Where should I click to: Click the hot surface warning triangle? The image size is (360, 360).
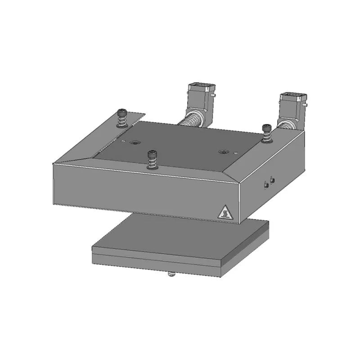[225, 212]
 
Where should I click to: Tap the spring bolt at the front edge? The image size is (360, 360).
[152, 160]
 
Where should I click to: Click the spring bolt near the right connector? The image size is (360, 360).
[267, 134]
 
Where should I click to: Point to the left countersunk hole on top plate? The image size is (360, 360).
[134, 143]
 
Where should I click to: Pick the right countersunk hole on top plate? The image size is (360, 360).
[222, 152]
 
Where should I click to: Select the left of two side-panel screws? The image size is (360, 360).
[266, 184]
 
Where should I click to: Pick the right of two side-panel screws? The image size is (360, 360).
[273, 180]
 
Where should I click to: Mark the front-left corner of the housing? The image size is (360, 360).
[53, 165]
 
